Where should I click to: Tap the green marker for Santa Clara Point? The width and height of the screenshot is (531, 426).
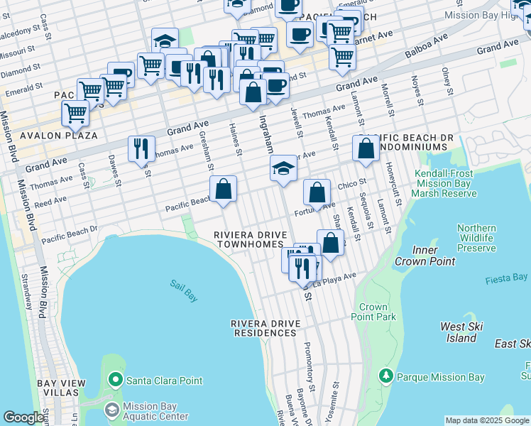coord(116,381)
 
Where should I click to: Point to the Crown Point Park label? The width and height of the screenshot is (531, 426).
coord(373,312)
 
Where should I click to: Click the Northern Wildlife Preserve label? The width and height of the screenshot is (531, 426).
coord(476,238)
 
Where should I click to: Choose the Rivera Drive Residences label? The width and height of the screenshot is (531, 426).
coord(265,328)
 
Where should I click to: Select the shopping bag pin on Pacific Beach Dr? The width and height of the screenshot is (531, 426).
coord(223,190)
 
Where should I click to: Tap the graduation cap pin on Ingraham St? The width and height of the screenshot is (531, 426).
coord(283,169)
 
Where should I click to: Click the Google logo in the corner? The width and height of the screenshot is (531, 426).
coord(23,417)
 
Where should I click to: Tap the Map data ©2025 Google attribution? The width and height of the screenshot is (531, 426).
coord(486,420)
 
